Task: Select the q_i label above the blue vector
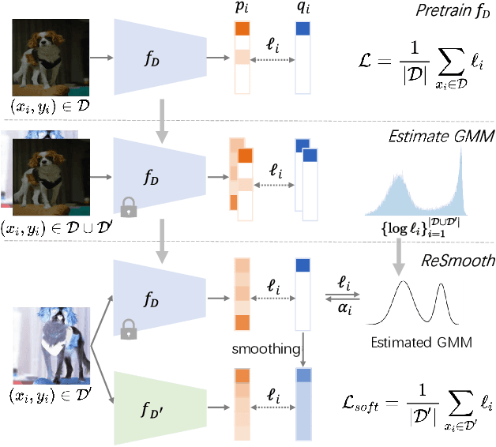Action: pos(302,9)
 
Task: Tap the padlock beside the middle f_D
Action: pos(129,208)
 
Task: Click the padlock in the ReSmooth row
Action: pos(128,325)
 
